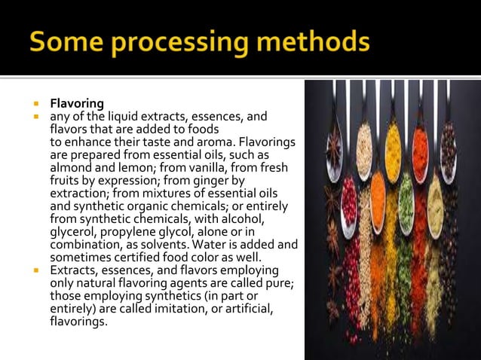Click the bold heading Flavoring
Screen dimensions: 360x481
[x=77, y=103]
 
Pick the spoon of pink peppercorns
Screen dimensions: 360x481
[x=348, y=202]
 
